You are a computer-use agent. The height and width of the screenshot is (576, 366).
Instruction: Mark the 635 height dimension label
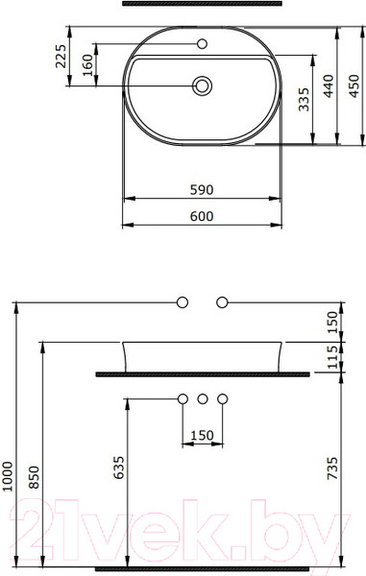click(118, 468)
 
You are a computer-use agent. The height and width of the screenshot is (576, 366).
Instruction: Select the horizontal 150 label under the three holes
click(202, 436)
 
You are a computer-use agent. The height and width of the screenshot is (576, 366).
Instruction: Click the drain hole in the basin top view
click(202, 86)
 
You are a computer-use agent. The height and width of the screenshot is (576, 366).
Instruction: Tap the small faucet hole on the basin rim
click(203, 44)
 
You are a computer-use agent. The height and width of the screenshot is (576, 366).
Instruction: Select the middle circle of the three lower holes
click(202, 397)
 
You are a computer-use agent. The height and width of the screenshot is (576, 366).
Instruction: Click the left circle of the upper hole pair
click(182, 302)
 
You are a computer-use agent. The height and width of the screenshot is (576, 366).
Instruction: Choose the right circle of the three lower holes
click(223, 397)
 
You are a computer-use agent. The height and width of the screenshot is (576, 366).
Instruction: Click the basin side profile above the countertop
click(202, 354)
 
